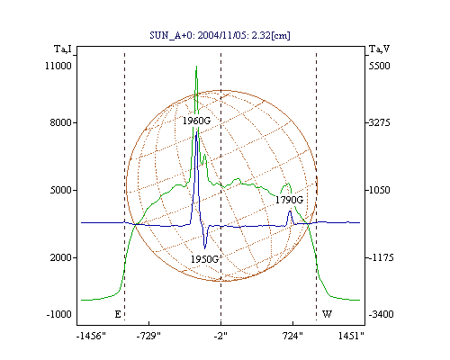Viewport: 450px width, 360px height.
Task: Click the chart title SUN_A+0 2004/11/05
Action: coord(220,36)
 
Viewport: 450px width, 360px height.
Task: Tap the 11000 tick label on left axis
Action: coord(58,66)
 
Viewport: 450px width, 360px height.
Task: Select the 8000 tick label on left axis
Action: coord(61,122)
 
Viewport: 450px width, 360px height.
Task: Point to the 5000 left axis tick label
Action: coord(61,190)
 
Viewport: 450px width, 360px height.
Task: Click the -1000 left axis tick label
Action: coord(58,314)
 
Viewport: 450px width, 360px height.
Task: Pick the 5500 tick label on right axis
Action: coord(379,66)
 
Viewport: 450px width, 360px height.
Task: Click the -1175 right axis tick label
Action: coord(380,257)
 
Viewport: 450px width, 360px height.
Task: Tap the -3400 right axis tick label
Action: coord(381,314)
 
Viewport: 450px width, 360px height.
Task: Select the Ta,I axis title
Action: coord(63,49)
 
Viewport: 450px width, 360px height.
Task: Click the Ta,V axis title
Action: coord(379,49)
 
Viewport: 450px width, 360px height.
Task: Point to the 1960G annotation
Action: coord(196,121)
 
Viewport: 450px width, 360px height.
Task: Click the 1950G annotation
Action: coord(204,259)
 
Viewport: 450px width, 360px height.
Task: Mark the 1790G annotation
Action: coord(289,200)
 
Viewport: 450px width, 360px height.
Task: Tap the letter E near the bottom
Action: coord(118,314)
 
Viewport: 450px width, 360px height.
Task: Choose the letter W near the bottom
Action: coord(327,314)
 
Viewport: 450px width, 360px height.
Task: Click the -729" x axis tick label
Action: coord(148,336)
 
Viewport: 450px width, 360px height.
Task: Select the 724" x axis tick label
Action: coord(292,336)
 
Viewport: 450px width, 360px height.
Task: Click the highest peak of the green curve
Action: coord(196,67)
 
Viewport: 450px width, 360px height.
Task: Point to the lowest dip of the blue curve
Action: coord(205,248)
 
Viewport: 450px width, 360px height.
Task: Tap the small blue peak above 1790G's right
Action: coord(290,211)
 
